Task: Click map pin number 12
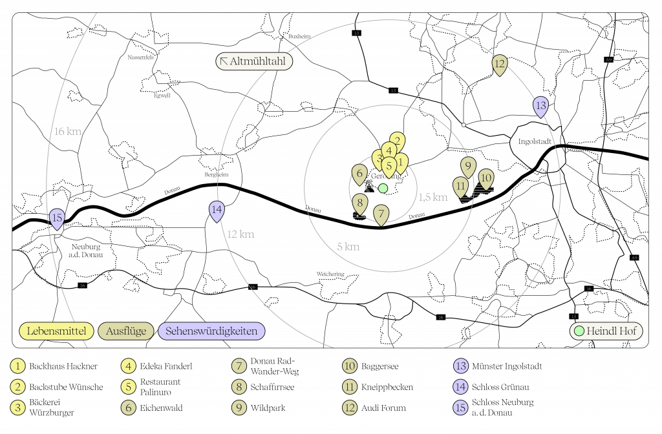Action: coord(499,64)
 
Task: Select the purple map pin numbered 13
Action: coord(540,105)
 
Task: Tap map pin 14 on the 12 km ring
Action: coord(217,210)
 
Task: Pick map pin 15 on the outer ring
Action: coord(57,218)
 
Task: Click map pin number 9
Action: coord(468,165)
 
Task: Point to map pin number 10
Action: coord(486,178)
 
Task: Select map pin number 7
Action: coord(381,214)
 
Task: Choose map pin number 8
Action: coord(360,203)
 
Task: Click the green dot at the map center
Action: coord(383,189)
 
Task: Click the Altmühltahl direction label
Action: coord(254,62)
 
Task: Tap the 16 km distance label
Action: coord(67,131)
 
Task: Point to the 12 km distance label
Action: coord(240,234)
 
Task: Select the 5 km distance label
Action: coord(348,247)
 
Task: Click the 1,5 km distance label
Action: coord(432,198)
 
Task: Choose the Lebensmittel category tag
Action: coord(57,331)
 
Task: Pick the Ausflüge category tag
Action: coord(126,331)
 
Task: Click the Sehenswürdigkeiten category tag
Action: coord(211,331)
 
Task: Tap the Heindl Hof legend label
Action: coord(606,331)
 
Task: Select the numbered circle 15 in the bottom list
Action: coord(461,408)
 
